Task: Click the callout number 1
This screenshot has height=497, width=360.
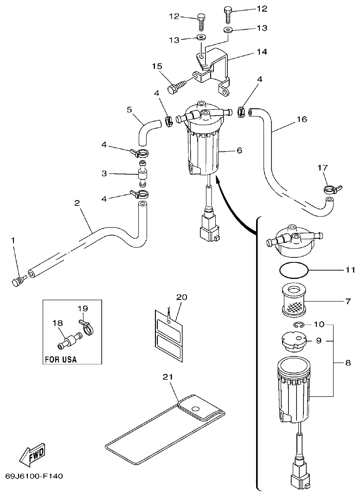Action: point(13,240)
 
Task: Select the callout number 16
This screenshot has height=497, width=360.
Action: point(302,120)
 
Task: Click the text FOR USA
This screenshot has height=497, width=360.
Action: point(61,359)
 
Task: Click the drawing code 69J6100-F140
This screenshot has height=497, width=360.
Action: point(34,476)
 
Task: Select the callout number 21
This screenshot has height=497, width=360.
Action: point(168,376)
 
